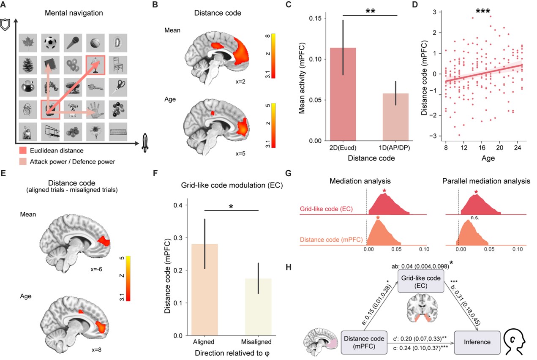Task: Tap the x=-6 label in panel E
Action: (96, 268)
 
